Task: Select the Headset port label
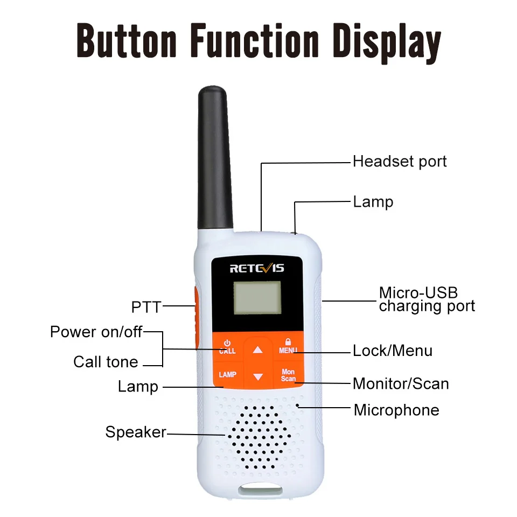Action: coord(400,161)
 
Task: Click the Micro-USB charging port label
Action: coord(427,299)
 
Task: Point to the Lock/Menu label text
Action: coord(392,351)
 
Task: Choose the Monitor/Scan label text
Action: coord(401,383)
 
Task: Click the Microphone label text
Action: coord(396,410)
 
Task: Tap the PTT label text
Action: coord(146,307)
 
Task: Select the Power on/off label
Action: coord(96,332)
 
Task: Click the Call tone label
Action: coord(106,362)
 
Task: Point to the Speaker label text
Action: coord(136,432)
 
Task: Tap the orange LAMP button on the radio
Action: coord(227,374)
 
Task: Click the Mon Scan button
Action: coord(288,375)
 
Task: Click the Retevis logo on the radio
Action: coord(257,268)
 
